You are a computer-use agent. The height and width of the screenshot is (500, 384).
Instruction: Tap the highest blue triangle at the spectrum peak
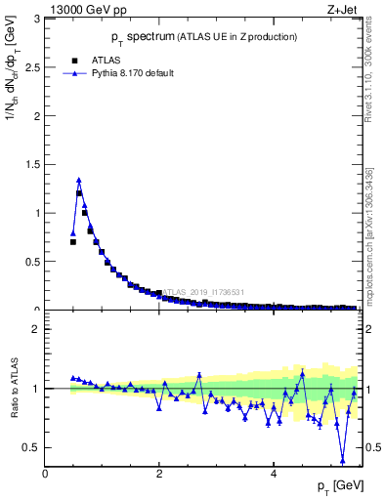(x=79, y=180)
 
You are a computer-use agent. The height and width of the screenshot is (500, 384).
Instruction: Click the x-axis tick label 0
(x=45, y=474)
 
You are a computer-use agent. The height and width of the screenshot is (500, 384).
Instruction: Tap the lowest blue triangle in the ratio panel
(x=343, y=460)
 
